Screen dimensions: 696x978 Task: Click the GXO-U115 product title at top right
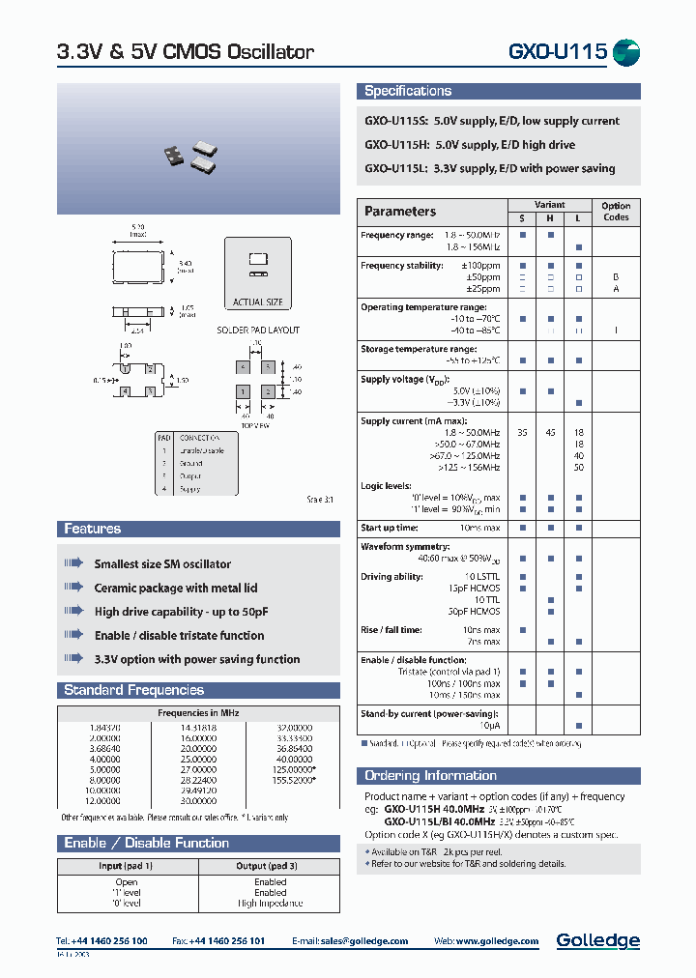point(557,52)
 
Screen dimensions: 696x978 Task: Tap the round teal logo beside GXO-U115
point(626,52)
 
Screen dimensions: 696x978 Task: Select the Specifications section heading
point(408,91)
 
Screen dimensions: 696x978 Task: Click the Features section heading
point(93,529)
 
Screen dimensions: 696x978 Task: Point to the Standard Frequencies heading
point(133,690)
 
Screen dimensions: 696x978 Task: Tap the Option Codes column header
point(616,212)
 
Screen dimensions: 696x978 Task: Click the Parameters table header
point(400,212)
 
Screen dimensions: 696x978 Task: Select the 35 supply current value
point(523,432)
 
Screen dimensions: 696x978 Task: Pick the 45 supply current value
point(550,432)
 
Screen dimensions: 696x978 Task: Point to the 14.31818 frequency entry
point(199,726)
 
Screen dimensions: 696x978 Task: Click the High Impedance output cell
point(271,904)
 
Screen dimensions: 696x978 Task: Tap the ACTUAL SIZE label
point(258,302)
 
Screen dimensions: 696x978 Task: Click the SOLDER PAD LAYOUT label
point(257,331)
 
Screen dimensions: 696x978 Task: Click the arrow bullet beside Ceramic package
point(74,588)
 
